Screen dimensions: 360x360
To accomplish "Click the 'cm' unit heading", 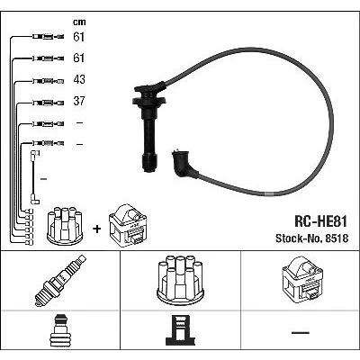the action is point(79,22).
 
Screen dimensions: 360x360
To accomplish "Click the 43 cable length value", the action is point(79,79).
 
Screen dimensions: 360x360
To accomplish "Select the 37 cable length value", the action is point(79,101).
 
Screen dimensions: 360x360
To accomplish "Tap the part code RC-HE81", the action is point(320,221).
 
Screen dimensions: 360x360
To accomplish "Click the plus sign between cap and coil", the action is point(97,229).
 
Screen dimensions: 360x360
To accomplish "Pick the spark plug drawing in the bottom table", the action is point(60,281).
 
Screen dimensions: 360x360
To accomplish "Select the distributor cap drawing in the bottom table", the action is point(180,280).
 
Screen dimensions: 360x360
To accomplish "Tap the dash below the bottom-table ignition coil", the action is point(301,332).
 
